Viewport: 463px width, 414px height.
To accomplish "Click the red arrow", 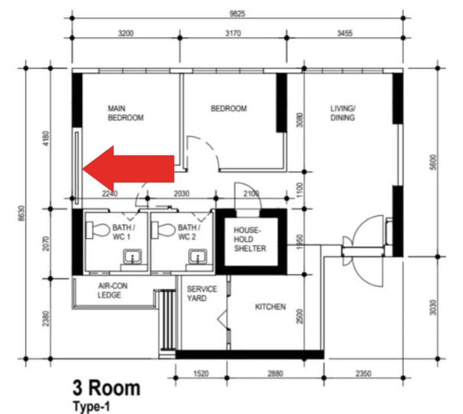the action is point(128,169).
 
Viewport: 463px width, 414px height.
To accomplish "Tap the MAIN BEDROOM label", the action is point(126,113).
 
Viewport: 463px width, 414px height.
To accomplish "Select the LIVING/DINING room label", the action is point(343,113).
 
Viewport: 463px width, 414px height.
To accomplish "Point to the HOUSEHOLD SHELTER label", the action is point(250,239).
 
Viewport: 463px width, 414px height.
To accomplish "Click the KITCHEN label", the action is point(270,307).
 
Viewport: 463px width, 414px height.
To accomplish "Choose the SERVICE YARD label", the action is point(202,294).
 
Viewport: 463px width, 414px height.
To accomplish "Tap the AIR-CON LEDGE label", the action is point(113,290).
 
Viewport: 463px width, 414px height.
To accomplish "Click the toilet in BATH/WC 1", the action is point(98,230).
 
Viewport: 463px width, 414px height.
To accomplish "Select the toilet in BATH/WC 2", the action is point(163,230).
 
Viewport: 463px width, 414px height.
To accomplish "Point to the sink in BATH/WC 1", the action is point(132,257).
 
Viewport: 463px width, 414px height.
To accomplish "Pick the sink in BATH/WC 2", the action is point(198,257).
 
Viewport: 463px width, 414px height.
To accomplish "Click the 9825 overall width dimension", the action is point(237,14).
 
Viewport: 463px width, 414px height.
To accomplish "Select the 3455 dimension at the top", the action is point(345,33).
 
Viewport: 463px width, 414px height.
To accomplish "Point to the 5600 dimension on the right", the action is point(433,162).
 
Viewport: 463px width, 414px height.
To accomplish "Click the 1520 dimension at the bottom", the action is point(201,374).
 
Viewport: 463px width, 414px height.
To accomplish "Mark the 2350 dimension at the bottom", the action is point(363,374).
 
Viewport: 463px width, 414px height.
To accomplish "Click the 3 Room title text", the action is point(106,388).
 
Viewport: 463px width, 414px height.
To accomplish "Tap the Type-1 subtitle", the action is point(91,406).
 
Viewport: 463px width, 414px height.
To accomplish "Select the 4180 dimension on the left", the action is point(46,138).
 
